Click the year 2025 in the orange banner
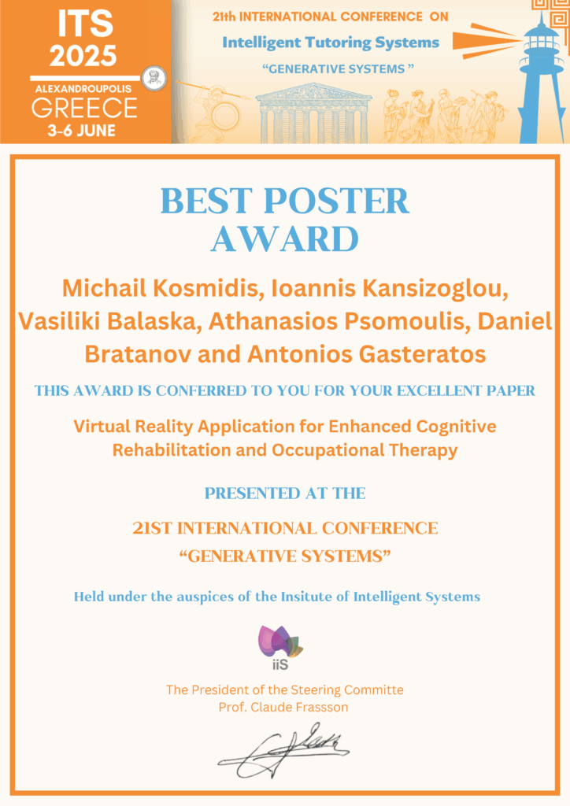pos(83,55)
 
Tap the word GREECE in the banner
pos(84,109)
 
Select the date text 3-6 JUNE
pos(82,131)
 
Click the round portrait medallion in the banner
pos(154,79)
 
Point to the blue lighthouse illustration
pos(541,77)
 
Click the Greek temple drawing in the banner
pos(313,114)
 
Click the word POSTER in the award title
pos(337,201)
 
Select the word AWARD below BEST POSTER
pos(285,239)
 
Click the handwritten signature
pos(283,750)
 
